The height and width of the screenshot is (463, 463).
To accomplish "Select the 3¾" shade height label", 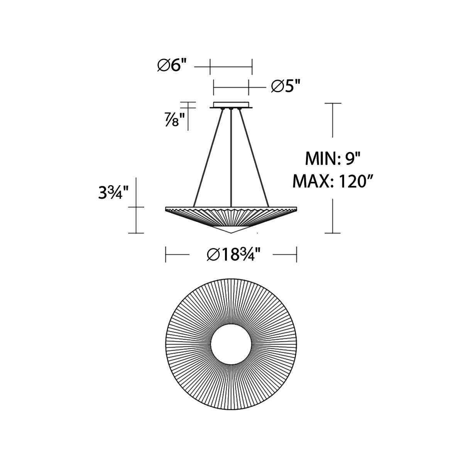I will coord(111,192).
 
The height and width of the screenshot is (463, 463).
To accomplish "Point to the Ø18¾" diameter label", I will coord(231,255).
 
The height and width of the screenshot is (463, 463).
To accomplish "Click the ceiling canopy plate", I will coord(231,105).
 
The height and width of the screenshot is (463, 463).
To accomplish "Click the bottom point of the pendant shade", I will coord(231,233).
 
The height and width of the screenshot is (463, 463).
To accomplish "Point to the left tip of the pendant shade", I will coord(166,208).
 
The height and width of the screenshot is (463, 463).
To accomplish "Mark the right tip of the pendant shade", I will coord(296,208).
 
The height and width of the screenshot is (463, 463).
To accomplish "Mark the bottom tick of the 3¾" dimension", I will coord(136,233).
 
